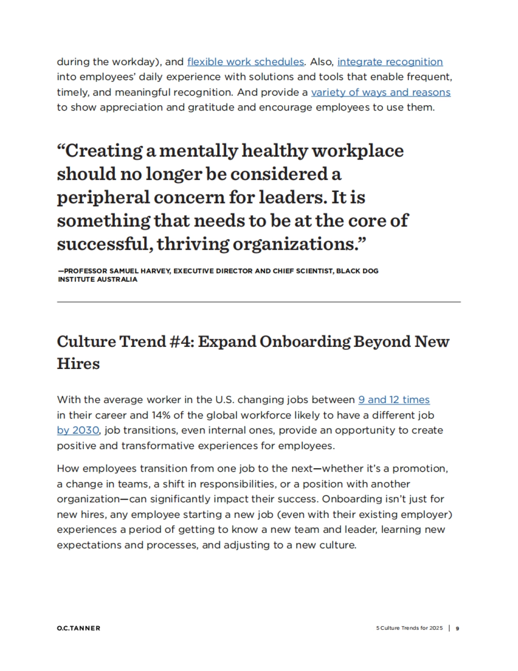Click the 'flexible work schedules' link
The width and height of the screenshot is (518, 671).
(245, 62)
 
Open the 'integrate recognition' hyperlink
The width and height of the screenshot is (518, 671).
(390, 62)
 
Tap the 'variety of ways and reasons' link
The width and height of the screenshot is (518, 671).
(381, 92)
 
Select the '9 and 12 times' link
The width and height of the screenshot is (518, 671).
(394, 400)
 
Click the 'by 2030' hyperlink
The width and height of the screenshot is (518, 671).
(78, 430)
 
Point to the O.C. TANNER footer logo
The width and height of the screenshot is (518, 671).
(79, 628)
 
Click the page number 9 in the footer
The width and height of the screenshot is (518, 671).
(458, 628)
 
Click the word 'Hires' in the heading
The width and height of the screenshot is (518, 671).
(78, 363)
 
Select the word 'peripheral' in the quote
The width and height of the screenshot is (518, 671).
(103, 198)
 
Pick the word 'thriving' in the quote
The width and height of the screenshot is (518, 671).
(193, 244)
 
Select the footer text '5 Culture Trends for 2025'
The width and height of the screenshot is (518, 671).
(409, 628)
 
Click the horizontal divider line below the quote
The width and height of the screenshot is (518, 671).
(259, 302)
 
